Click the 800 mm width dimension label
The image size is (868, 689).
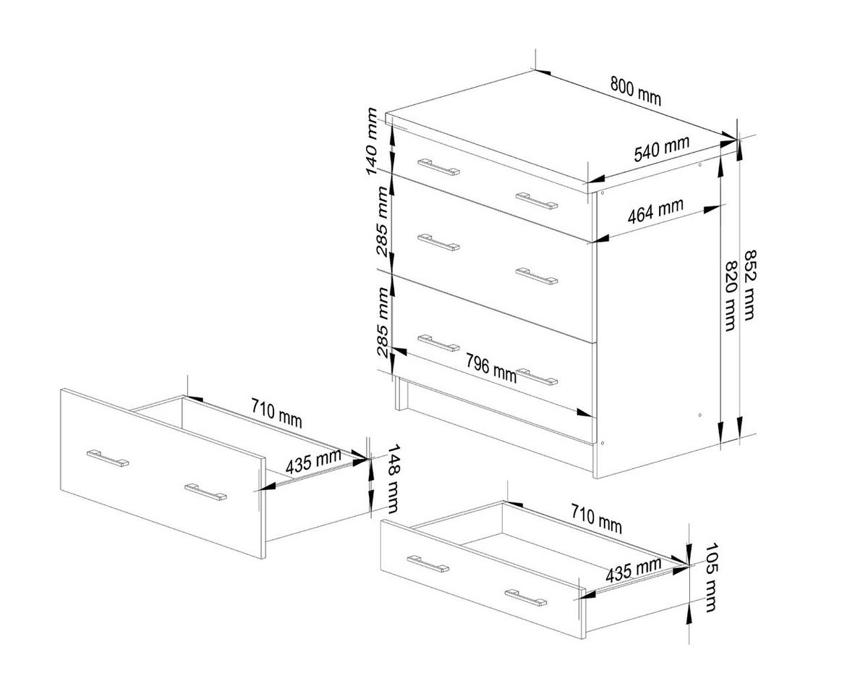635,90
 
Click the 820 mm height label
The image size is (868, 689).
731,296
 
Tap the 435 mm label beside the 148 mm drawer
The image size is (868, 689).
312,462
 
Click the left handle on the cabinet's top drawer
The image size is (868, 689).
438,166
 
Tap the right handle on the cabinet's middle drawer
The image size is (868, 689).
537,276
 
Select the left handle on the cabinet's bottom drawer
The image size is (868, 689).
438,342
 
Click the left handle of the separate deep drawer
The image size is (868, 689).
107,458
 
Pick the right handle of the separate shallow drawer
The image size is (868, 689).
526,597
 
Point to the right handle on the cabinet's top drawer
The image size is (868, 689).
537,200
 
